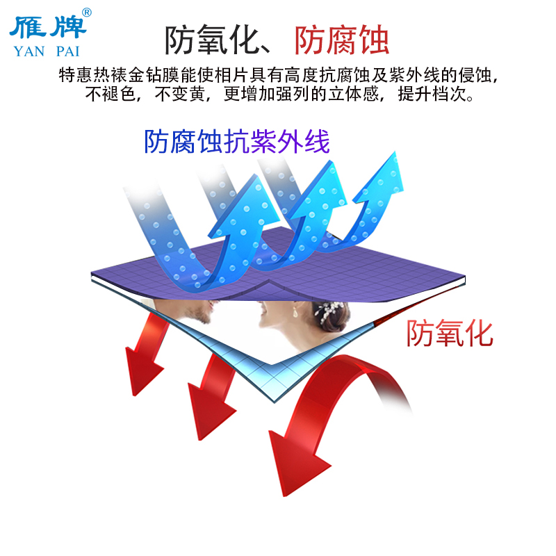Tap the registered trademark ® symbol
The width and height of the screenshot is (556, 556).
(87, 12)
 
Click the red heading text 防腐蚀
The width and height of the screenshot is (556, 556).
(341, 40)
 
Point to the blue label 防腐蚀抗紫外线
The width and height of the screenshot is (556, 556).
(236, 142)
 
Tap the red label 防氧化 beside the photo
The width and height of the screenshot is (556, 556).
(450, 334)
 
